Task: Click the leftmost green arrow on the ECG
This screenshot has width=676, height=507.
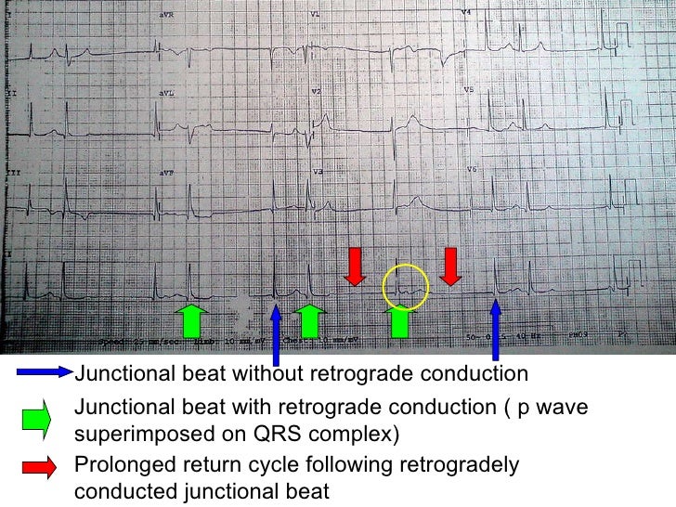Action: click(190, 318)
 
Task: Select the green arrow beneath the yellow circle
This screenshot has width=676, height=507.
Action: click(399, 321)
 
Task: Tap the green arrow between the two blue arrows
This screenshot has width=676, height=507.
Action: click(310, 318)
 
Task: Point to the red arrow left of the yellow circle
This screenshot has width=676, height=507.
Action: click(355, 266)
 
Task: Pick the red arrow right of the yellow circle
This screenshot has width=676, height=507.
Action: click(450, 266)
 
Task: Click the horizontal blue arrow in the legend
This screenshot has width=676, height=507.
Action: click(45, 374)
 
